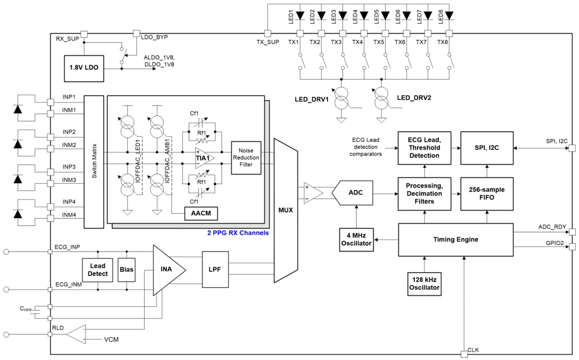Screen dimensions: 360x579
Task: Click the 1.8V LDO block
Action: [84, 68]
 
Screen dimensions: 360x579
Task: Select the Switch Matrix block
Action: [94, 161]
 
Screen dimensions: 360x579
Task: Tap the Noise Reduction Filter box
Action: [246, 157]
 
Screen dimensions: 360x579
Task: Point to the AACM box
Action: [201, 214]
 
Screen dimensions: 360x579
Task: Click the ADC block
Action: [356, 193]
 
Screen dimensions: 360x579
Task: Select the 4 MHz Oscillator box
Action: [356, 239]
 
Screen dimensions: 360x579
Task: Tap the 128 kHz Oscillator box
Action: [424, 284]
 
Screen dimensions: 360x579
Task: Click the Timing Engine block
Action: [455, 239]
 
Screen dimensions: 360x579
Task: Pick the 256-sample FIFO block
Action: [487, 193]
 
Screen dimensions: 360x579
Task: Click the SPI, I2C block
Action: [487, 148]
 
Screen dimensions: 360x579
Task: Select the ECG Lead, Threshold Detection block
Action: [424, 148]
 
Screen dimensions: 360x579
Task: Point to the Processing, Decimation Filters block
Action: [424, 193]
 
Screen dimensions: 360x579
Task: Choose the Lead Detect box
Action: [98, 269]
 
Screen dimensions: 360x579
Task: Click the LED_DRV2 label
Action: [414, 97]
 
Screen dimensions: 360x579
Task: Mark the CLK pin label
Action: [473, 349]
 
